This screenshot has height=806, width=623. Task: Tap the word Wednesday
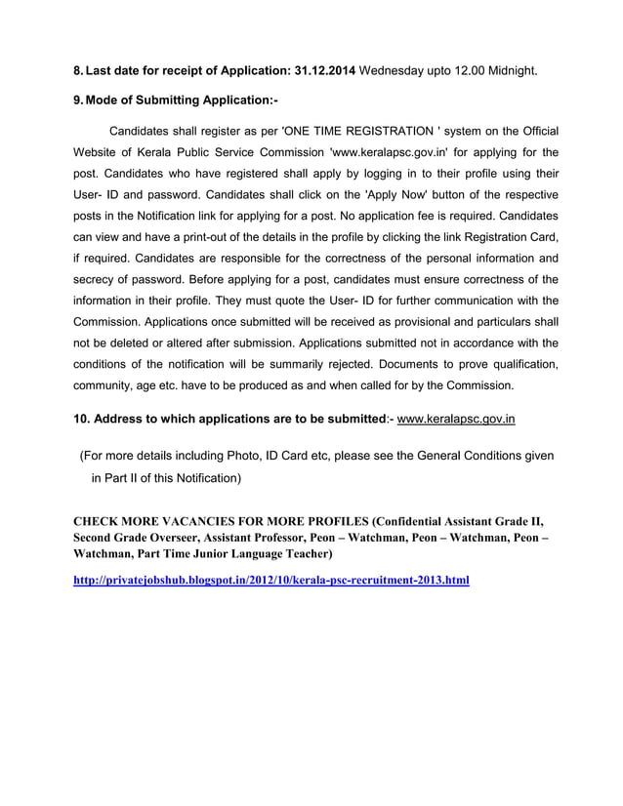pyautogui.click(x=395, y=71)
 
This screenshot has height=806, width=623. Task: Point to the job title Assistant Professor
pyautogui.click(x=289, y=537)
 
